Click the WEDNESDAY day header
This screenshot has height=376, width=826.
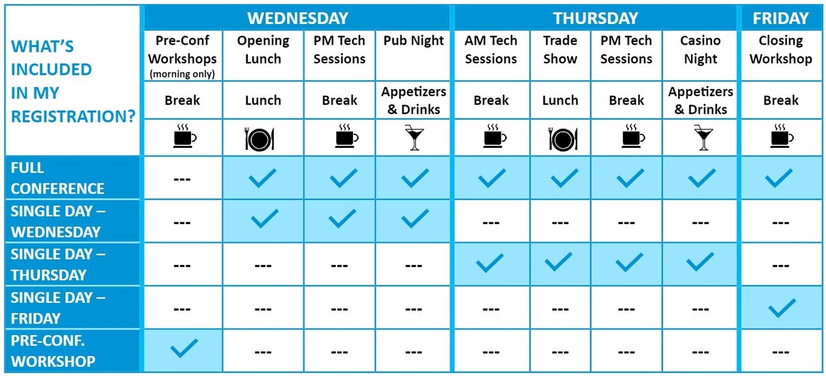click(x=297, y=18)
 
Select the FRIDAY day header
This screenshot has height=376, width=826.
click(x=781, y=18)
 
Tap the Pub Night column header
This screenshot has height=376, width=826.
click(x=414, y=40)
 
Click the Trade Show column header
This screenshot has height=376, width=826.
click(x=560, y=50)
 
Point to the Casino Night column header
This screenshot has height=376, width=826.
click(x=700, y=50)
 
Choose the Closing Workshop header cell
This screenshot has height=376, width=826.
click(x=781, y=50)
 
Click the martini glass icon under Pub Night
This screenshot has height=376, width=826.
click(x=414, y=138)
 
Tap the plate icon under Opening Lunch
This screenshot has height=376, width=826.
click(x=259, y=140)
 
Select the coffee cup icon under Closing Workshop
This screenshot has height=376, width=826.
click(x=781, y=136)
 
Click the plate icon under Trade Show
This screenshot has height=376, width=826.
click(x=563, y=140)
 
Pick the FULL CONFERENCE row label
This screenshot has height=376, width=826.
click(x=57, y=178)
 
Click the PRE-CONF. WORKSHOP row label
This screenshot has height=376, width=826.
click(x=53, y=351)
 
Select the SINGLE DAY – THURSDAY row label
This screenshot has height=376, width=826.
click(x=58, y=264)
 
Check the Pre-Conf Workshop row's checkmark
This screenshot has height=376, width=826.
click(x=184, y=348)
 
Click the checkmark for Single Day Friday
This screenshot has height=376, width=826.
click(x=782, y=308)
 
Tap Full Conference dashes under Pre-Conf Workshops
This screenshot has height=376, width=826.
click(x=182, y=180)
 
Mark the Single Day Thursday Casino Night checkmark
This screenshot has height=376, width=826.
click(x=700, y=262)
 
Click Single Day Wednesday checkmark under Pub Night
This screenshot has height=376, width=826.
click(x=415, y=218)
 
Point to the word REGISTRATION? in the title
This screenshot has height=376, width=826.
click(x=74, y=116)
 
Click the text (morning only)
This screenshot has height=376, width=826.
click(x=182, y=74)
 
